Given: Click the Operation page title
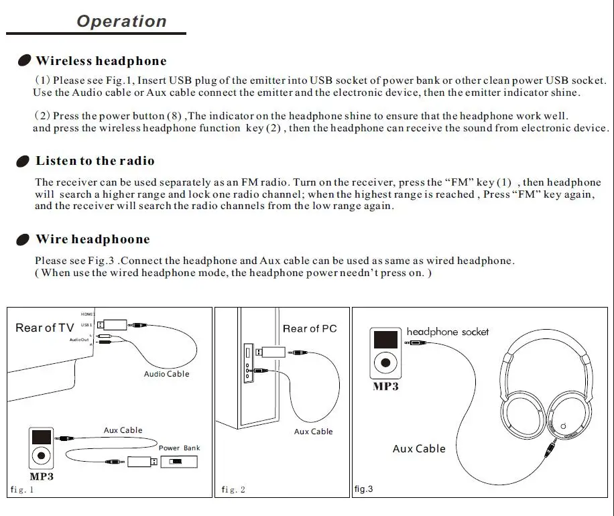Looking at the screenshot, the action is [x=122, y=21].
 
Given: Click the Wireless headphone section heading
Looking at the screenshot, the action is [x=101, y=61].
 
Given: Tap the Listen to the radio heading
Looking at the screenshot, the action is [x=95, y=161].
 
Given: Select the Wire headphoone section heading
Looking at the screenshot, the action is [x=93, y=239].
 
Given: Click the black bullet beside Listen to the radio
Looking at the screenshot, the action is [x=23, y=162].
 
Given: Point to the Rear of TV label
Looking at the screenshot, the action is [x=45, y=328].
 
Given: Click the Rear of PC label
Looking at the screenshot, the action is [x=310, y=328].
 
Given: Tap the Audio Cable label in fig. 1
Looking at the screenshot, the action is [x=166, y=374].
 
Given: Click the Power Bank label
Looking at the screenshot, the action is [x=180, y=448].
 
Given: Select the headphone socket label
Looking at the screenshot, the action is [x=448, y=332].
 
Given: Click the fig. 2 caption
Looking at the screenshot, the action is [x=233, y=489].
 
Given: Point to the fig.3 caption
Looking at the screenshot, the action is [x=363, y=489].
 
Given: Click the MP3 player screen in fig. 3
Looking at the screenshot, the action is [x=385, y=340].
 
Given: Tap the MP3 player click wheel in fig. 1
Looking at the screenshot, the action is [x=41, y=456].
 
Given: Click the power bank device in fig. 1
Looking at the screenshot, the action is [x=179, y=462].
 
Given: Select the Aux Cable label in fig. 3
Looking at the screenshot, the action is [x=419, y=449].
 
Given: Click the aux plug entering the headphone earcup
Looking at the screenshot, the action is [x=551, y=448].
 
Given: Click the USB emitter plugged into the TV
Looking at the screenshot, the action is [x=112, y=325].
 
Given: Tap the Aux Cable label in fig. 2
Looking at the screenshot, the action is [x=313, y=432].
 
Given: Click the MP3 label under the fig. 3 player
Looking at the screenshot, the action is [x=385, y=387].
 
